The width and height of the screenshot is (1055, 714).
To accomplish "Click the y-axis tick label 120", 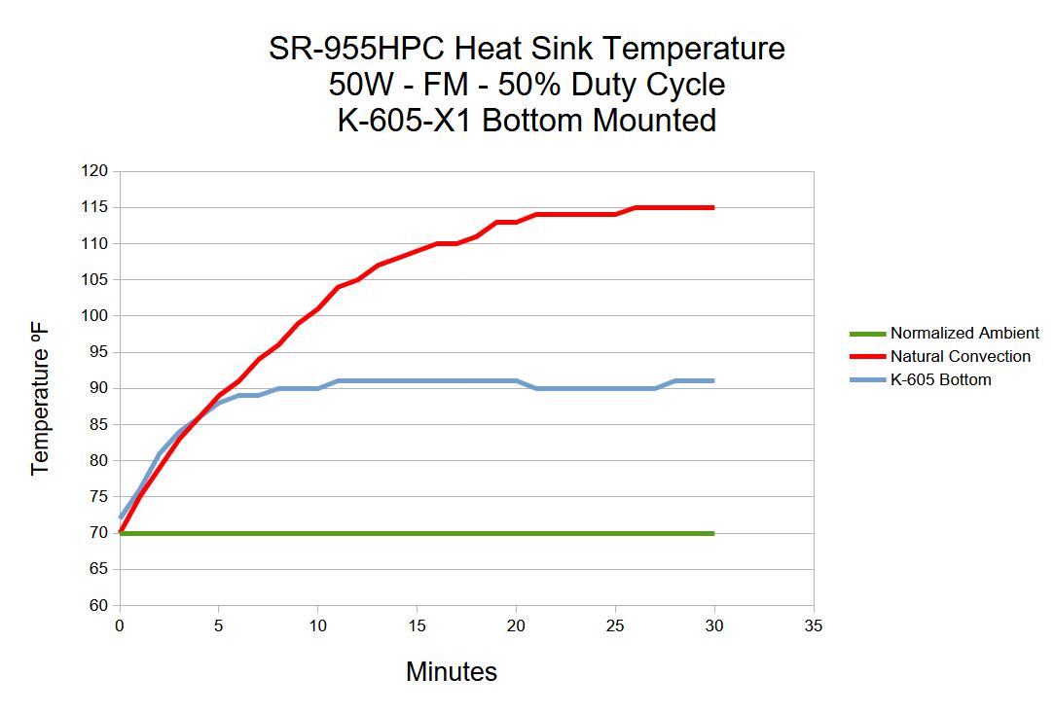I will (x=95, y=171).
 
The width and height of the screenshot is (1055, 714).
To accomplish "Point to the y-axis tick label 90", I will (x=98, y=388).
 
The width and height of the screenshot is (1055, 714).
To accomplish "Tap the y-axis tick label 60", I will (x=98, y=605).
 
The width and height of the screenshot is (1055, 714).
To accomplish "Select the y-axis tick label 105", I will (x=95, y=280).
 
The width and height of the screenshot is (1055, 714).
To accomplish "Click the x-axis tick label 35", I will (x=814, y=625).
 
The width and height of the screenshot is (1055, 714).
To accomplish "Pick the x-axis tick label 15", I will (x=417, y=625).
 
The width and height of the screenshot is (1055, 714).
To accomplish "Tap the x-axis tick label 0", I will (x=119, y=625).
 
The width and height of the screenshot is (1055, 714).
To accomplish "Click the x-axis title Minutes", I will (x=451, y=672).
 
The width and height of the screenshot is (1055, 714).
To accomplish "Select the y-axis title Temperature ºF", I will (x=40, y=401).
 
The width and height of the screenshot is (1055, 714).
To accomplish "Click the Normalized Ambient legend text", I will (x=964, y=333).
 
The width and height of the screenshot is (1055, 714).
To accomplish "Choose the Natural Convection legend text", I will (x=960, y=356).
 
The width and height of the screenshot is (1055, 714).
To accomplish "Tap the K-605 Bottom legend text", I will (x=940, y=379).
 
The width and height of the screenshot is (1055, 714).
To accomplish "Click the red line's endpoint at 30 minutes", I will (x=713, y=207).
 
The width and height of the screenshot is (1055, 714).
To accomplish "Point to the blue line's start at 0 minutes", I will (x=120, y=518).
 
